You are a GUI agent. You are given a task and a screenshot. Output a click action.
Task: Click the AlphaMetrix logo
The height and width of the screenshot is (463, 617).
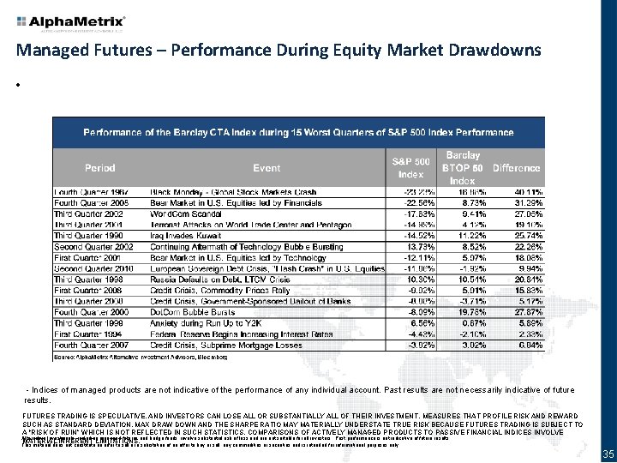pyautogui.click(x=71, y=21)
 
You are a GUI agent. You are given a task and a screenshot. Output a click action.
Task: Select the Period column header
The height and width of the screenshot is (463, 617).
pyautogui.click(x=99, y=168)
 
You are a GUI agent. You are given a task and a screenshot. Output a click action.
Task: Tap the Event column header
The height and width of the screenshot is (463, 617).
pyautogui.click(x=267, y=168)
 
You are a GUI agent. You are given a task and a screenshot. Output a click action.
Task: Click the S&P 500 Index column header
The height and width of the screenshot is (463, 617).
pyautogui.click(x=411, y=167)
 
